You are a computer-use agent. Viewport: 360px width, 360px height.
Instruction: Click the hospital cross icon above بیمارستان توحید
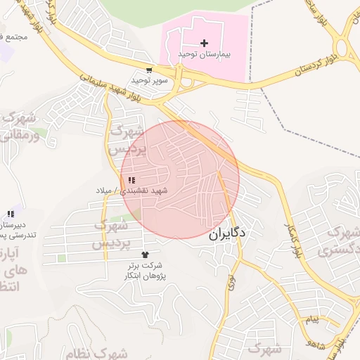[x=205, y=44]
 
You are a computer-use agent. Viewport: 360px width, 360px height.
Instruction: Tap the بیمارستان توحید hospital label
[x=205, y=54]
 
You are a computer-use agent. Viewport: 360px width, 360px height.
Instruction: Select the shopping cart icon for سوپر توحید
[x=149, y=70]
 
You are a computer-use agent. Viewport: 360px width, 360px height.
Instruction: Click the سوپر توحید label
[x=148, y=80]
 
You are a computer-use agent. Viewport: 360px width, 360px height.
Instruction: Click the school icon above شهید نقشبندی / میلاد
[x=132, y=181]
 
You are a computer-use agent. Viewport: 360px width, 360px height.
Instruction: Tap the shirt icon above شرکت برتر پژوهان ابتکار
[x=146, y=255]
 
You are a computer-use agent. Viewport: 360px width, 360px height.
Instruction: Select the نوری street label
[x=231, y=283]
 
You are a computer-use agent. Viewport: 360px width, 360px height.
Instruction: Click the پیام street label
[x=311, y=320]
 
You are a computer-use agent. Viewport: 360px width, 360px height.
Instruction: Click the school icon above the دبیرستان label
[x=10, y=214]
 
